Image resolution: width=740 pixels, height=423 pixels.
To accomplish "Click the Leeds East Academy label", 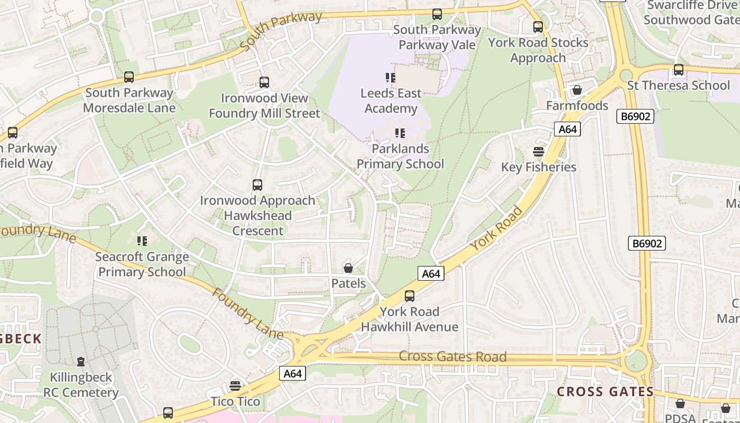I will [391, 100].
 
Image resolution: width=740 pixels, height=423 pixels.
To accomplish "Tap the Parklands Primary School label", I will [400, 156].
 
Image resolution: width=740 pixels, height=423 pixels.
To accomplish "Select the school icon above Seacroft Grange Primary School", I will [142, 241].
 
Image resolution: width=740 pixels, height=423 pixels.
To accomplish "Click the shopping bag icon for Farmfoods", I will [577, 90].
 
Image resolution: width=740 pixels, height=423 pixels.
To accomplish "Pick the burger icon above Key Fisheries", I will [539, 152].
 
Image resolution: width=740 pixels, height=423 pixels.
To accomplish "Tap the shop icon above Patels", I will [348, 268].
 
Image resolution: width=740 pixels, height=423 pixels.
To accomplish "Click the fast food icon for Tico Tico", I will [235, 386].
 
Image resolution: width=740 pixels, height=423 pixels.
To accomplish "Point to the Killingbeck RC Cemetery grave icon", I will [81, 362].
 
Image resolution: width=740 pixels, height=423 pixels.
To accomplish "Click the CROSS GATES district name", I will [605, 392].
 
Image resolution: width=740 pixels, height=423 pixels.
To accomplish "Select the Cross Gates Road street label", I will [452, 356].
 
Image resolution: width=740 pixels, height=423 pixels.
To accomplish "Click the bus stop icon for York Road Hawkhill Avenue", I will [410, 296].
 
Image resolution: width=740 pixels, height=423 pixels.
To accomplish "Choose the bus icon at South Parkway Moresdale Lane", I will [129, 77].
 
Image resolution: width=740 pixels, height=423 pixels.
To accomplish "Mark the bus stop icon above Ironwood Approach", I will [257, 185].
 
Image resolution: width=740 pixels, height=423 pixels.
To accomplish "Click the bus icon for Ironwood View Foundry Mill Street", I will [264, 82].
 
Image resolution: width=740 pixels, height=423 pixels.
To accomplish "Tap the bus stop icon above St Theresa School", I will [679, 70].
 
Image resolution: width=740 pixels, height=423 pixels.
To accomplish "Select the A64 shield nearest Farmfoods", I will [567, 130].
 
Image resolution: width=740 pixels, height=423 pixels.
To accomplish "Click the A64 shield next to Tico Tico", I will [292, 374].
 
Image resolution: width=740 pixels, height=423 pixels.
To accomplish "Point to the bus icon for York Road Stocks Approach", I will [538, 26].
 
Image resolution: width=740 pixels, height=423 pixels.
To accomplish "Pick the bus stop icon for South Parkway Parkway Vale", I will [437, 14].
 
